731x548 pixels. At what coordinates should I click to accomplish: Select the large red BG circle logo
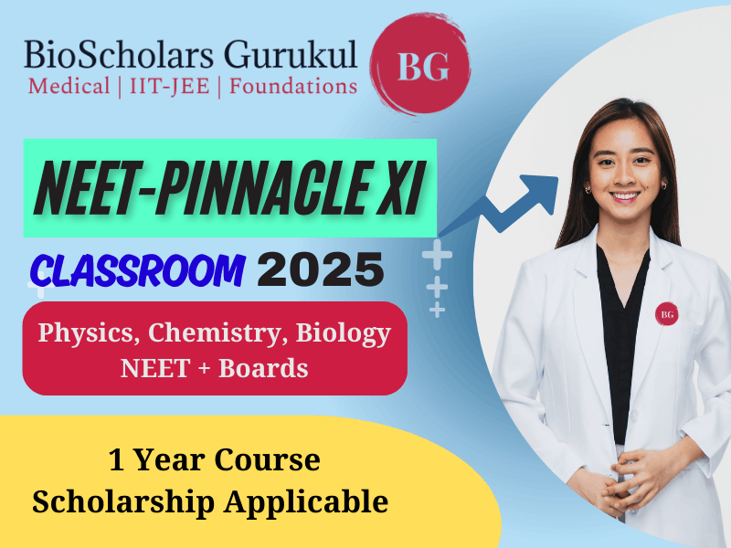[x=421, y=65]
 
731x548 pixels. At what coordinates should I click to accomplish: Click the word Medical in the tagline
[x=69, y=87]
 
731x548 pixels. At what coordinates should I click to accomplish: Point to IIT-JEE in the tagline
[x=170, y=87]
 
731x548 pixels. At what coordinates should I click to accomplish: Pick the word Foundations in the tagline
[x=293, y=87]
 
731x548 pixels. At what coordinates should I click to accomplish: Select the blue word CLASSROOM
[x=138, y=270]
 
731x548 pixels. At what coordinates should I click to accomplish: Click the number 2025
[x=321, y=269]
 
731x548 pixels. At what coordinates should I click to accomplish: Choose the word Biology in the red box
[x=344, y=334]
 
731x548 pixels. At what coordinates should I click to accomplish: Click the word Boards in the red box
[x=263, y=368]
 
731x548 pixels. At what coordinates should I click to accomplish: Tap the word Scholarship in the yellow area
[x=123, y=503]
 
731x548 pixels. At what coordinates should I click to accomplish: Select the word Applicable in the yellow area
[x=306, y=503]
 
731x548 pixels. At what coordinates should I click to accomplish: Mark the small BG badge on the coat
[x=667, y=314]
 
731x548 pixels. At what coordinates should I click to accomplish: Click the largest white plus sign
[x=437, y=255]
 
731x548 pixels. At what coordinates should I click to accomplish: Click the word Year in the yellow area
[x=169, y=460]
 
